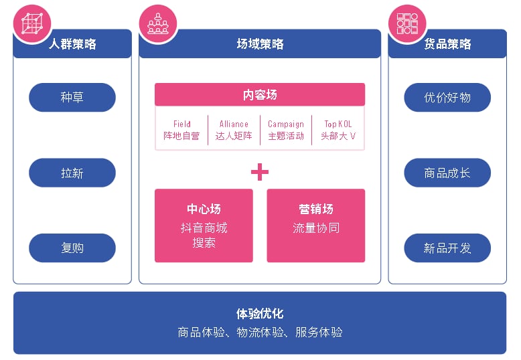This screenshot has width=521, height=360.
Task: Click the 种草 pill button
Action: click(72, 97)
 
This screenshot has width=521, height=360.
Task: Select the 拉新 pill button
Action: click(72, 173)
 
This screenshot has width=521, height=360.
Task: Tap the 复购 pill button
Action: click(72, 248)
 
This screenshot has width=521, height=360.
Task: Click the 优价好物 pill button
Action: click(447, 97)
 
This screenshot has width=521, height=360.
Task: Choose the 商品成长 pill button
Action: click(447, 173)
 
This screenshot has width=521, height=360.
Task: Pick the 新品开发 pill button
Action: click(447, 248)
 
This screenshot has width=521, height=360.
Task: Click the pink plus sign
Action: click(260, 172)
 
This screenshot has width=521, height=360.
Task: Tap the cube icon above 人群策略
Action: click(32, 23)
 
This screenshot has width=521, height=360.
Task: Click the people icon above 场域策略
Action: click(158, 23)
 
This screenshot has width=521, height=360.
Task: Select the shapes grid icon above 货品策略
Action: click(407, 23)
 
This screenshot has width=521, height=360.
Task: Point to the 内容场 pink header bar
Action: click(260, 94)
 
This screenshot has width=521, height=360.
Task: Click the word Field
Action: click(182, 124)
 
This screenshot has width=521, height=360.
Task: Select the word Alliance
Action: click(234, 124)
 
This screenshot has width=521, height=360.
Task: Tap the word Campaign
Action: click(286, 124)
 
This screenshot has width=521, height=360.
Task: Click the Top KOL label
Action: click(338, 124)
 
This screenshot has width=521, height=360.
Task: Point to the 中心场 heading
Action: click(204, 209)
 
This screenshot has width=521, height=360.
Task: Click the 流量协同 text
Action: click(316, 228)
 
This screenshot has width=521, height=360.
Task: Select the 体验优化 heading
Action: click(260, 314)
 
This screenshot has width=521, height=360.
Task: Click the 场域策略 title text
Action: click(260, 44)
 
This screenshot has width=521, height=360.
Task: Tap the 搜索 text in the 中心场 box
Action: click(204, 243)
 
